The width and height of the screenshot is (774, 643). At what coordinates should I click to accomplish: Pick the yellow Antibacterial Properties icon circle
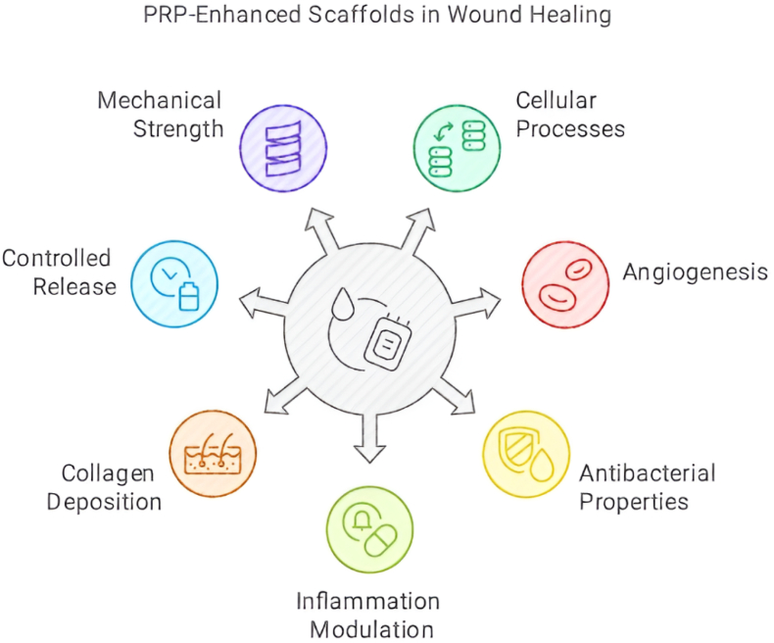[526, 454]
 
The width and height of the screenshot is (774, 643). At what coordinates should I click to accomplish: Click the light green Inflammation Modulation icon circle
[369, 530]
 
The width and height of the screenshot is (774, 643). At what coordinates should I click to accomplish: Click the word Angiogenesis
[695, 272]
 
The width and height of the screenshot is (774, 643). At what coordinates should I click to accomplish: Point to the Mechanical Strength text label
[160, 114]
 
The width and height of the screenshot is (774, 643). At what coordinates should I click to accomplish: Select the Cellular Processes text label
[570, 114]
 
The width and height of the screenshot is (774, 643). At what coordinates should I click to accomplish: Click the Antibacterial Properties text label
[647, 487]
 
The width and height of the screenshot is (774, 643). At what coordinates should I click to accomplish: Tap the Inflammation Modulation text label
[369, 615]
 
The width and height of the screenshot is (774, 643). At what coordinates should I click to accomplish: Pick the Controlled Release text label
[59, 272]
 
